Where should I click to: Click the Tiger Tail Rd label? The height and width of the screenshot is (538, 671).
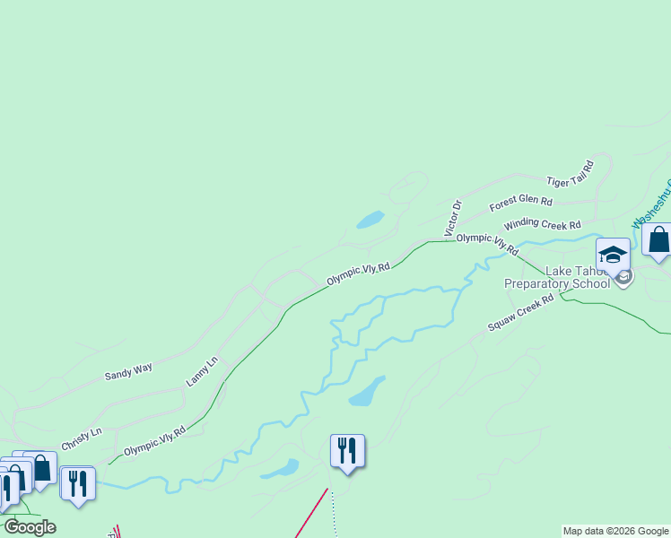point(571,174)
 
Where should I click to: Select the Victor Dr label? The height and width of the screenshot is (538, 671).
point(453,219)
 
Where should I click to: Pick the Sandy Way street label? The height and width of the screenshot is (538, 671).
point(128,369)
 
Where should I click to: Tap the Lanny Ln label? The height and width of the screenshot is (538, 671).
point(202,371)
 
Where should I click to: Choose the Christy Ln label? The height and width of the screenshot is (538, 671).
point(82,439)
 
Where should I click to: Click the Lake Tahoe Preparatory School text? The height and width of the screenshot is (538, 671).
point(556,277)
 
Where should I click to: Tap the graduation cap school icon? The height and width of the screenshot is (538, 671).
point(614,255)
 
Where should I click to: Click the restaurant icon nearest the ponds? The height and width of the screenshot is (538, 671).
point(347,450)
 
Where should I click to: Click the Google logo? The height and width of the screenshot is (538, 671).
point(30,527)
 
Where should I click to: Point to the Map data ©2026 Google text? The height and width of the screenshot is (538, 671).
point(615,531)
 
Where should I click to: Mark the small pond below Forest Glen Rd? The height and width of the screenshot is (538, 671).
point(370,220)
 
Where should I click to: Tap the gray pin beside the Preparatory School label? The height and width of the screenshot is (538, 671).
point(624,278)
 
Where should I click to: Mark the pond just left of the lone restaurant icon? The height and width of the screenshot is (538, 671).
point(280,469)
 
